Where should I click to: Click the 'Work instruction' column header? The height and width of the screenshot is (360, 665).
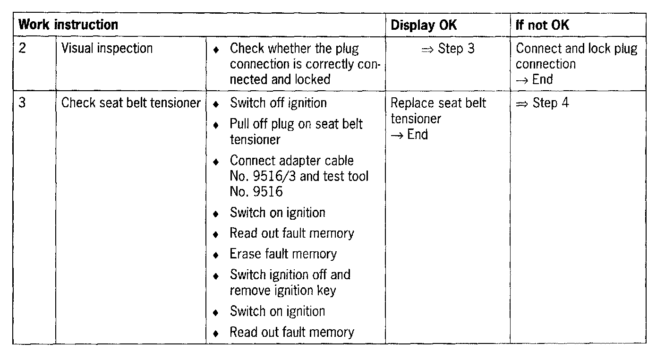68,25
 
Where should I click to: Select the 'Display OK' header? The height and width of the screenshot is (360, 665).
424,25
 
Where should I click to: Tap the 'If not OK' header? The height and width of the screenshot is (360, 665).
542,25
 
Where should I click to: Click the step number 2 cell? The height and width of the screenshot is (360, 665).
23,49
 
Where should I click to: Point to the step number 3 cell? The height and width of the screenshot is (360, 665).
23,103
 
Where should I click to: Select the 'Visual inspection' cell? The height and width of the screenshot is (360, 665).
107,49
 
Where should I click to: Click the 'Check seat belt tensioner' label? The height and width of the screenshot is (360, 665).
131,103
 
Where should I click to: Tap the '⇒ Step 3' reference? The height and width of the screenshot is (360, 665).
447,49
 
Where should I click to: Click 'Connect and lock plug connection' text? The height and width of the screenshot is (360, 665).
576,56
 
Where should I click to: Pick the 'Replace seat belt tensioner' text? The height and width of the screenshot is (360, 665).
438,111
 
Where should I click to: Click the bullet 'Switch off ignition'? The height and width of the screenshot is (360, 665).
278,103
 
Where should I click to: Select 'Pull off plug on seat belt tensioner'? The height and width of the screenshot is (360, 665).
296,131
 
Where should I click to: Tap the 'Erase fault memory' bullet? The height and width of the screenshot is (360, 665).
283,254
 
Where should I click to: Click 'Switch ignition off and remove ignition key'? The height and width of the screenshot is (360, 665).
290,282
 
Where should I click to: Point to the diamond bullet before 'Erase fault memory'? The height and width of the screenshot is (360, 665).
216,255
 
